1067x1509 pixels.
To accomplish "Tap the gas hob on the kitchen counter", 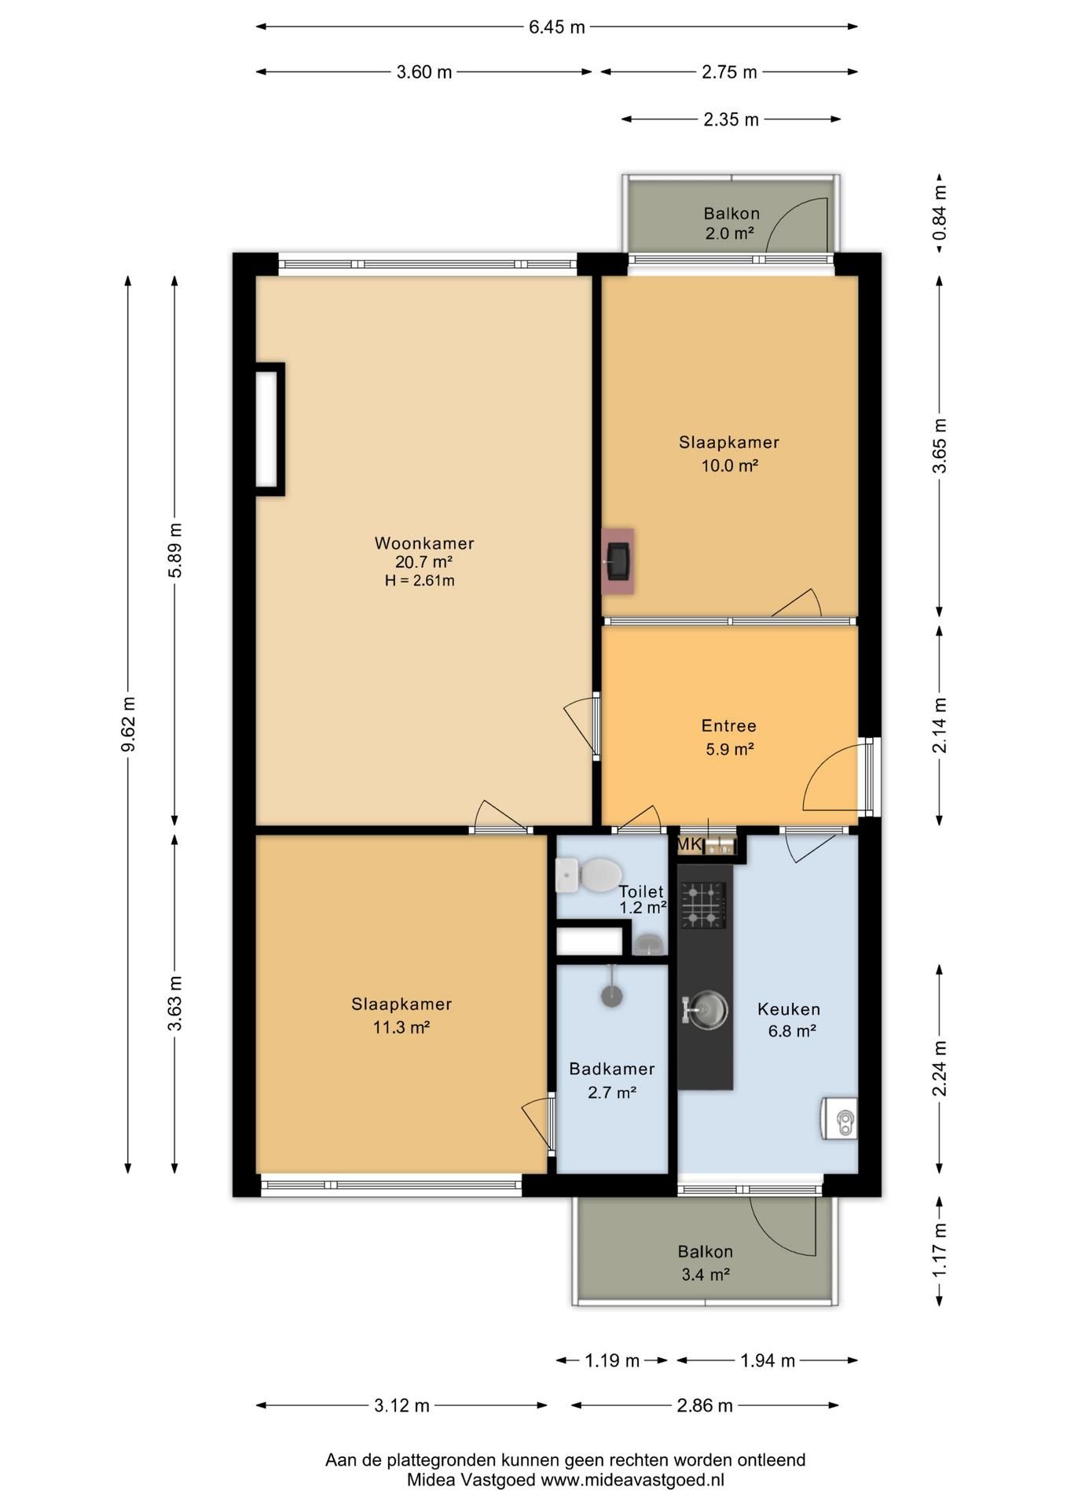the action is [703, 905].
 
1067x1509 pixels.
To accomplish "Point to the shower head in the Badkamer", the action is [612, 995].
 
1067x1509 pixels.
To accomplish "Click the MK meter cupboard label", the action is [689, 845].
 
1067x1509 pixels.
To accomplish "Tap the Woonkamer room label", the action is [424, 543].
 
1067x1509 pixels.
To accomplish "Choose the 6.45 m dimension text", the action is [556, 28].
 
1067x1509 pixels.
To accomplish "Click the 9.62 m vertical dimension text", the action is [128, 724].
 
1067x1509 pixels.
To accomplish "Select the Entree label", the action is [729, 726].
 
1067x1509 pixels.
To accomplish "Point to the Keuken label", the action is [789, 1009].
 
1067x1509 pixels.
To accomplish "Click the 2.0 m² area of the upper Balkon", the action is [729, 233].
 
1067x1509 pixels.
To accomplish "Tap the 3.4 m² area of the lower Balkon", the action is [706, 1275].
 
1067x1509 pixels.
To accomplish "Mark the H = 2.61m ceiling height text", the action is [420, 582].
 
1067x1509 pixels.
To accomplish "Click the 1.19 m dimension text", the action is [612, 1360].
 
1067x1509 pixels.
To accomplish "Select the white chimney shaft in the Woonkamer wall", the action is [269, 429].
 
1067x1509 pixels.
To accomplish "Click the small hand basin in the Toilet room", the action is [647, 944].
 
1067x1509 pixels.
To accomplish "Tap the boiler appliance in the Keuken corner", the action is [839, 1118].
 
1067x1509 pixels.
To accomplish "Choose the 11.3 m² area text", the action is [401, 1027].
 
